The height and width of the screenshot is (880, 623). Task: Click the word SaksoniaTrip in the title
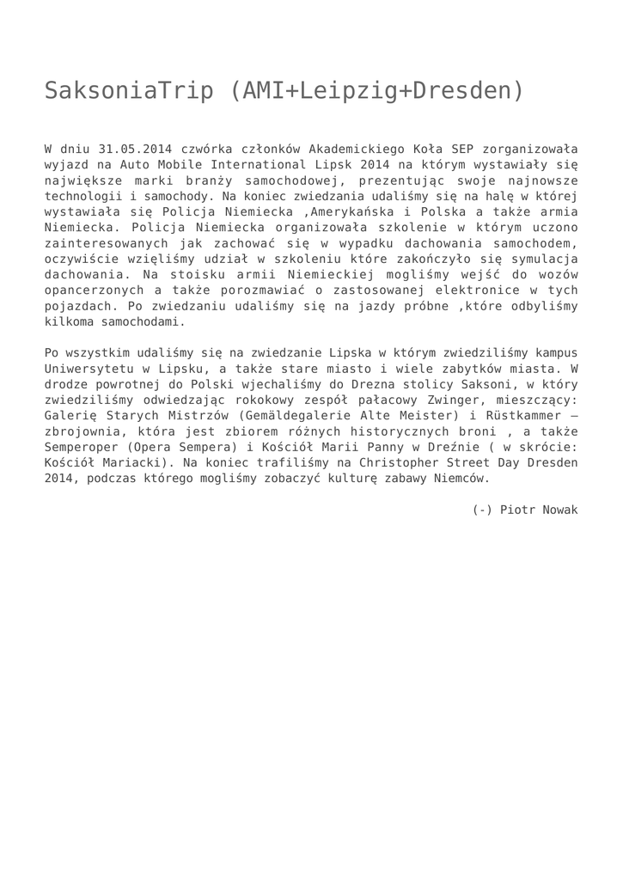pos(129,90)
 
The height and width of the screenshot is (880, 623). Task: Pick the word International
pos(235,163)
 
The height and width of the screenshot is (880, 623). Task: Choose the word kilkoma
pos(73,322)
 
